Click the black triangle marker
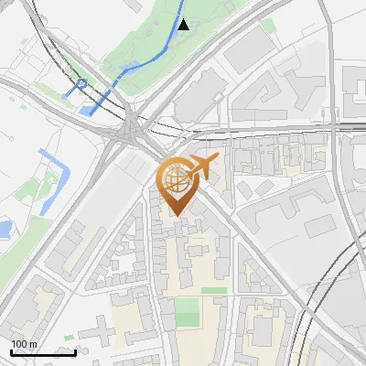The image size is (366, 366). coord(183,25)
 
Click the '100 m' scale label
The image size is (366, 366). coord(24,343)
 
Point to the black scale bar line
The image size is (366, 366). coord(43,351)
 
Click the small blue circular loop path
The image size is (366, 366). coord(81,85)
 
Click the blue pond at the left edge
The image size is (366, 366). coord(5,226)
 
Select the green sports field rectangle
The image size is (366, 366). coord(187,311)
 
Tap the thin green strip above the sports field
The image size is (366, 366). coord(213,290)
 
